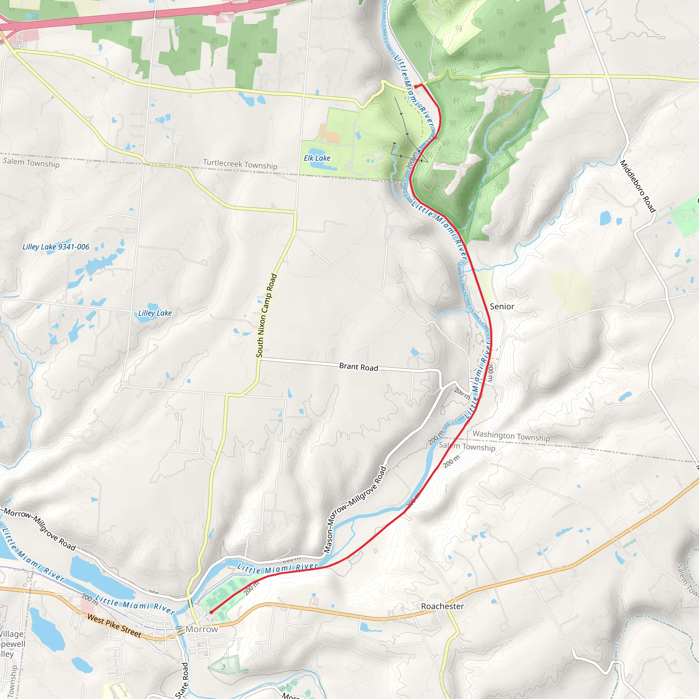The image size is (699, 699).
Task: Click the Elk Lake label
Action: [317, 158]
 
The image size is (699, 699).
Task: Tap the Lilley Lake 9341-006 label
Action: [56, 247]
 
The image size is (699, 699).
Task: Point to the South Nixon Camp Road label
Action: [266, 315]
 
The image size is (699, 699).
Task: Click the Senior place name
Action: [502, 306]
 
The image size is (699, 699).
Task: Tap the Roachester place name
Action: [442, 606]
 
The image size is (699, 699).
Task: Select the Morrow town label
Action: [202, 629]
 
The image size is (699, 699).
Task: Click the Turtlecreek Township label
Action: [240, 164]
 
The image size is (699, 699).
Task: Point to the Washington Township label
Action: [511, 436]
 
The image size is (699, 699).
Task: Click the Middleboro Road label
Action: [638, 186]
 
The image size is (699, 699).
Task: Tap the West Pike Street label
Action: [114, 626]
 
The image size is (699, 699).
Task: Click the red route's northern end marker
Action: [416, 86]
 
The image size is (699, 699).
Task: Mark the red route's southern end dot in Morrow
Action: [211, 612]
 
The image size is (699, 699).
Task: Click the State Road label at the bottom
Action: [182, 680]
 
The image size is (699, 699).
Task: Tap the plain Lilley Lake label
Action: [155, 313]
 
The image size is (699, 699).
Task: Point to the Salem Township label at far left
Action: [31, 162]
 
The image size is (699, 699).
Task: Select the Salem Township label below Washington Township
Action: [467, 447]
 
